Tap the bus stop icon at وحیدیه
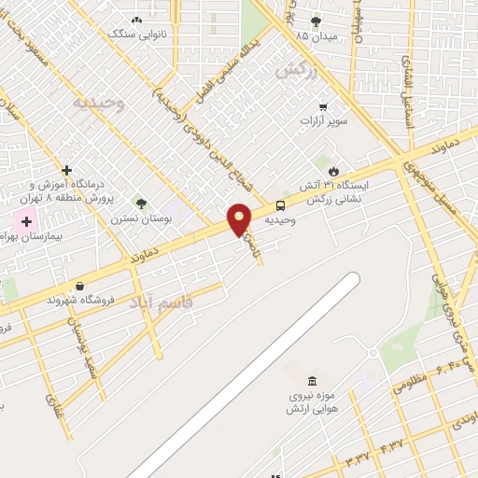pos(280,206)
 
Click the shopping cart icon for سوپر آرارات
pos(323,106)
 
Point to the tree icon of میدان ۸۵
pos(316,21)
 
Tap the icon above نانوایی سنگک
pos(137,20)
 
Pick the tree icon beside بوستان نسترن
pos(141,204)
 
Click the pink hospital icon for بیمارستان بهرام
pos(26,222)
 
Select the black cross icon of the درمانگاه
pos(66,170)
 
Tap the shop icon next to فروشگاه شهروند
pos(78,286)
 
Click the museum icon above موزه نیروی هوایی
pos(312,382)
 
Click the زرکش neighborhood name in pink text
pos(292,70)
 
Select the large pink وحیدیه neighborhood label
pos(99,101)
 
